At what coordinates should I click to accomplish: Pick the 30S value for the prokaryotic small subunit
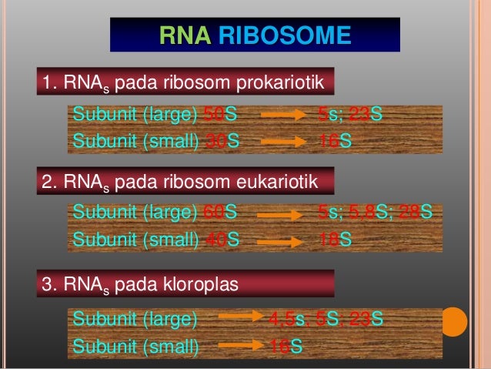220,141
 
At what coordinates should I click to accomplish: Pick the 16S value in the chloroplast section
286,347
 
